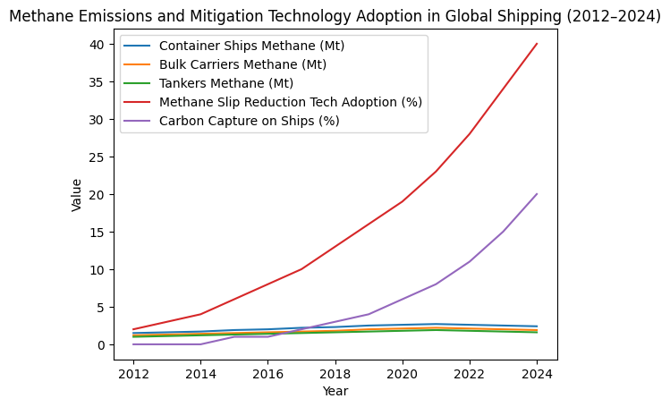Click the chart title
[335, 15]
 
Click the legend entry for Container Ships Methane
[251, 46]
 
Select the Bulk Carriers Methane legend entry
[242, 64]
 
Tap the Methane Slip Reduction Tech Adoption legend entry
[289, 102]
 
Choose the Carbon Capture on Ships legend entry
[248, 121]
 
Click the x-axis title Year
[335, 391]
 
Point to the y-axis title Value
[77, 194]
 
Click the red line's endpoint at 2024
[537, 44]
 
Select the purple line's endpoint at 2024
[537, 194]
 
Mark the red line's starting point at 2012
[133, 329]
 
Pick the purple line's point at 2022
[470, 261]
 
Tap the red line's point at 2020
[403, 201]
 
